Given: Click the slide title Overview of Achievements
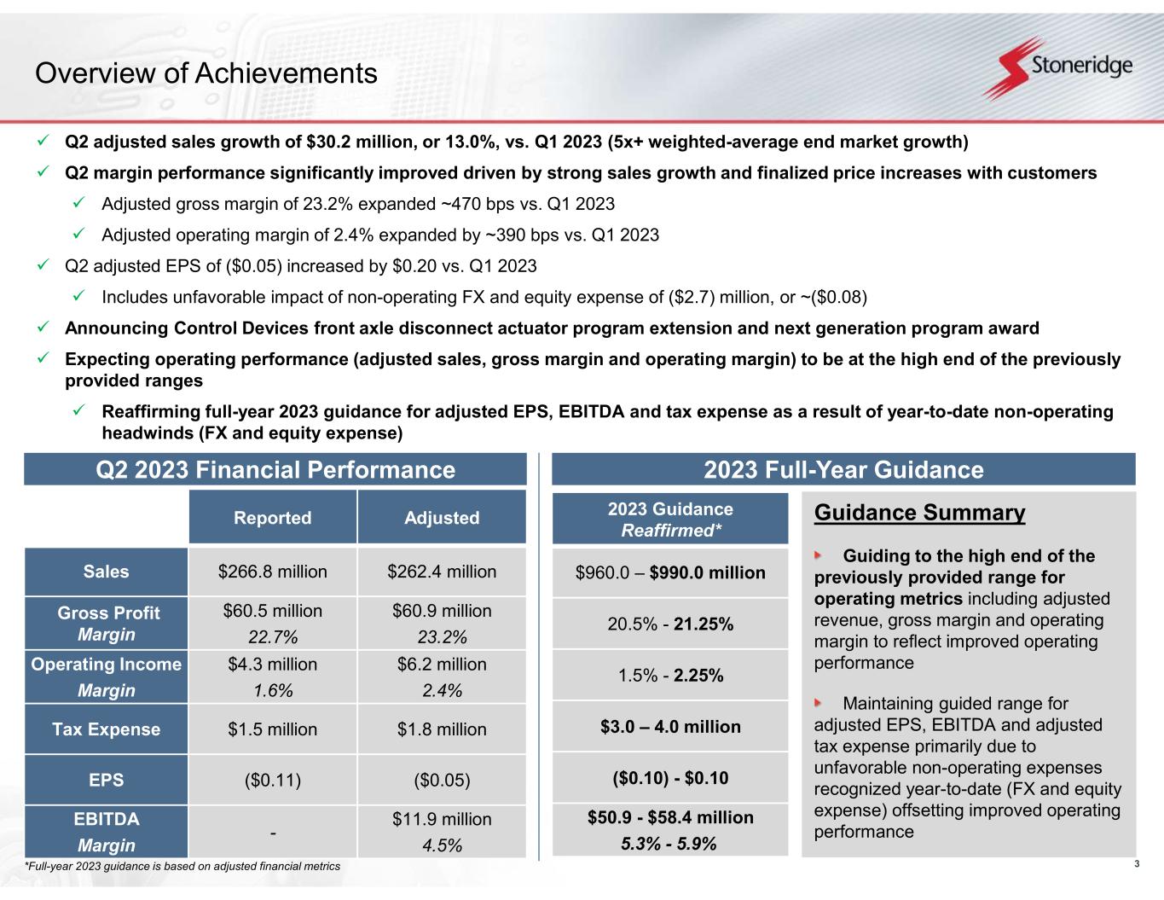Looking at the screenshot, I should pyautogui.click(x=206, y=73).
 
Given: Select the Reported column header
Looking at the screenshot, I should pyautogui.click(x=272, y=518).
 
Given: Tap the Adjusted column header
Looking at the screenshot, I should pyautogui.click(x=442, y=518).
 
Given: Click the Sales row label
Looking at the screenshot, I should pyautogui.click(x=106, y=572).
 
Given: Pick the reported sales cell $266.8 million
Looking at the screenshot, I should pyautogui.click(x=272, y=572).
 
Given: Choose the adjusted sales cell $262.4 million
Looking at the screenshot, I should pyautogui.click(x=442, y=572).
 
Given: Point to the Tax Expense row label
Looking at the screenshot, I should pyautogui.click(x=106, y=729).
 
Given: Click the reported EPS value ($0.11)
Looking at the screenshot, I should pyautogui.click(x=272, y=780).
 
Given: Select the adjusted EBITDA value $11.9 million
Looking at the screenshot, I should pyautogui.click(x=442, y=819).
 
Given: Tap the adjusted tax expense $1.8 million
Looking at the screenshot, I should pyautogui.click(x=442, y=729).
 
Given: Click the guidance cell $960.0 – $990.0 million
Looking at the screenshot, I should pyautogui.click(x=670, y=572).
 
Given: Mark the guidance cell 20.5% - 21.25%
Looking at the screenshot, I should pyautogui.click(x=670, y=624).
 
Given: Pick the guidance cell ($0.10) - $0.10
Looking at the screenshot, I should pyautogui.click(x=670, y=778).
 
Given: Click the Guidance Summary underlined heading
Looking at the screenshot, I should pyautogui.click(x=919, y=513).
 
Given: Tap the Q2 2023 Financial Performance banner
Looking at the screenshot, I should pyautogui.click(x=275, y=470).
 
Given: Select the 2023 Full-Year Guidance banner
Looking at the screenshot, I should pyautogui.click(x=843, y=470).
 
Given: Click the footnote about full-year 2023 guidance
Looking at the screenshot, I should pyautogui.click(x=182, y=867).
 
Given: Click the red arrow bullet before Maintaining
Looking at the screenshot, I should pyautogui.click(x=819, y=703).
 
